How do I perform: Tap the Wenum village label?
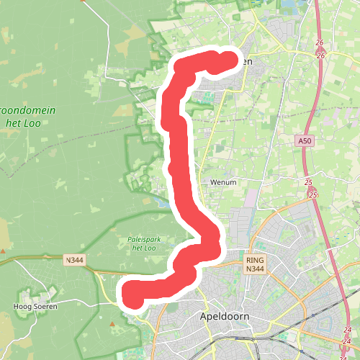click(223, 183)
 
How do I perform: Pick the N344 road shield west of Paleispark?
click(74, 261)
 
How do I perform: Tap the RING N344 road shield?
click(256, 264)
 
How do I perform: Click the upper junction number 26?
click(321, 43)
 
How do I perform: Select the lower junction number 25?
click(312, 194)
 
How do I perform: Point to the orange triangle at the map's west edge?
click(3, 251)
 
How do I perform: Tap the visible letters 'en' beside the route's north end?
click(246, 63)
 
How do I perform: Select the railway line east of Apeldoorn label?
click(288, 328)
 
